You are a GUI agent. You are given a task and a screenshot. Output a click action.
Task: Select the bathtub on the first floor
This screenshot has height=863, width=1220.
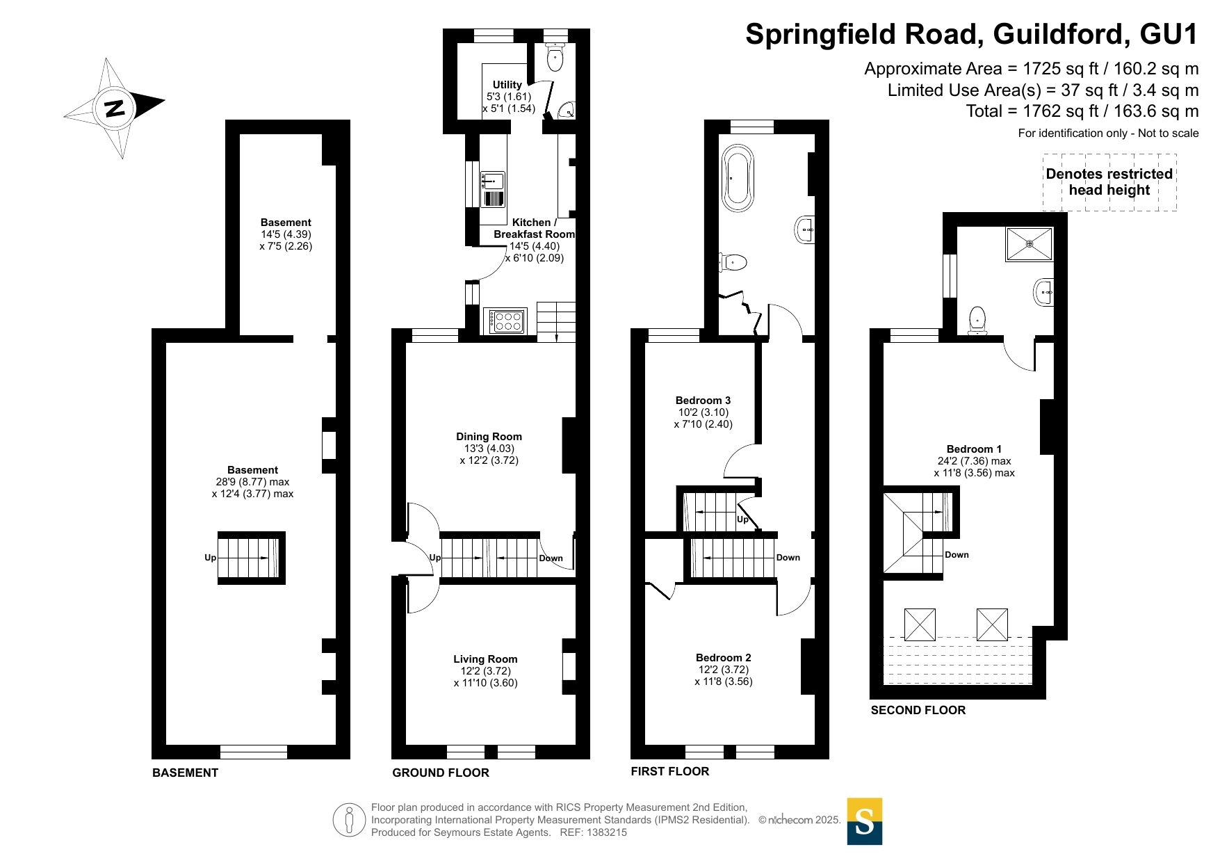[738, 178]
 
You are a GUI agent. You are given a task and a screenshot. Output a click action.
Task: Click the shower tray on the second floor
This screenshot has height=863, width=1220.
[1029, 244]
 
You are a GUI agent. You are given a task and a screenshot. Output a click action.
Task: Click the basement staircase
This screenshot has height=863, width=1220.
[252, 558]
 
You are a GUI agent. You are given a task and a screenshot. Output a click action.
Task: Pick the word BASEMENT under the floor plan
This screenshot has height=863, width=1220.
[186, 773]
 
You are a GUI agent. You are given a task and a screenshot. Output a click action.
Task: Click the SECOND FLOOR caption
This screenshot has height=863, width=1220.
[918, 710]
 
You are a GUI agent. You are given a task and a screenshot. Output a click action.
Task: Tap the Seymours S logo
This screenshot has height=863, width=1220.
[865, 821]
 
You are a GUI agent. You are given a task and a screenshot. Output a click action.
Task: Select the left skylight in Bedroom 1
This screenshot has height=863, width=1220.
[920, 624]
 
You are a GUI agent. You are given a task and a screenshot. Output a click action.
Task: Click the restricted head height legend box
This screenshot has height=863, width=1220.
[1109, 182]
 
